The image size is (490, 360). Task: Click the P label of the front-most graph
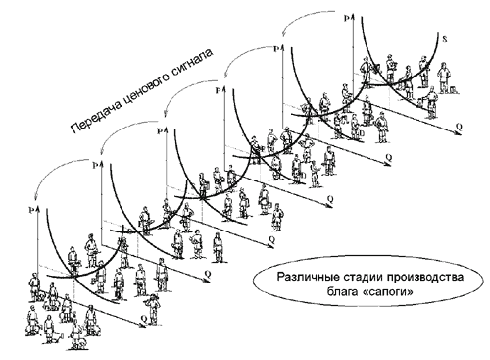tap(32, 208)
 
